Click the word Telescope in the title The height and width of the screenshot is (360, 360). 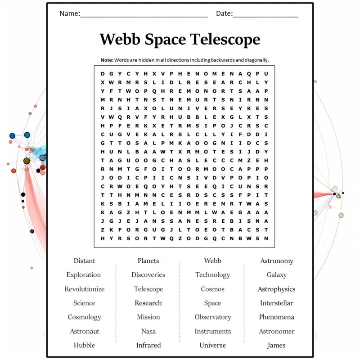[225, 40]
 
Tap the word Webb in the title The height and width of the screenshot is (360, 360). [120, 39]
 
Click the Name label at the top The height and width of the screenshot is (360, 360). [70, 13]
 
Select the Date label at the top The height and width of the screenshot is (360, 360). [224, 13]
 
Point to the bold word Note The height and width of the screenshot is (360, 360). [107, 60]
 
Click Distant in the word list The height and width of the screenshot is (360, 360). [84, 261]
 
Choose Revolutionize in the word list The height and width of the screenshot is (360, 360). [85, 289]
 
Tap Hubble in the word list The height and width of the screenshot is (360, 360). [84, 345]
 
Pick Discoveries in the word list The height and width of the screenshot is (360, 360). [148, 275]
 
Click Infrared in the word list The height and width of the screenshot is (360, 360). [148, 345]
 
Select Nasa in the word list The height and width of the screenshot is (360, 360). [148, 331]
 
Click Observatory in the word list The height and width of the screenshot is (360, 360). [213, 317]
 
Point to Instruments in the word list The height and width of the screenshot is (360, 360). [213, 331]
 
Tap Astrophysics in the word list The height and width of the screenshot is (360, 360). [276, 289]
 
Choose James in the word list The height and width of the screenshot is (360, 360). [276, 346]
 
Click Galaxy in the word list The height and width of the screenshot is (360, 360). [276, 275]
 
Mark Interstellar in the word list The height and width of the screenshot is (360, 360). [276, 303]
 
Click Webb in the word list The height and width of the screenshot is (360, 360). [212, 261]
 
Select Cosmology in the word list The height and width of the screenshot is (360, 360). [84, 317]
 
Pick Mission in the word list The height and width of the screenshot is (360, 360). [148, 317]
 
